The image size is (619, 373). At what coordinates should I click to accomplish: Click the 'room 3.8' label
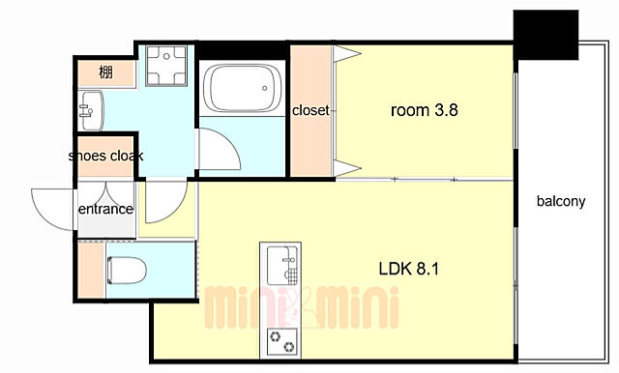click(x=424, y=110)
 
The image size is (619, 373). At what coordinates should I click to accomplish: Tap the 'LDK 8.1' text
click(x=408, y=269)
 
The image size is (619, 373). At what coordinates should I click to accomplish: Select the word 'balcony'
click(x=561, y=202)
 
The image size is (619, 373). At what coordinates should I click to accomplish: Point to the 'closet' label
click(x=310, y=110)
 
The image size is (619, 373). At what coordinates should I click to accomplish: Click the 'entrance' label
click(x=105, y=209)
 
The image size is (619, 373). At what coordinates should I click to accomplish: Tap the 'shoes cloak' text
click(x=105, y=156)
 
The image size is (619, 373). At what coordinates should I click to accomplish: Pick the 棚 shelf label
click(x=105, y=72)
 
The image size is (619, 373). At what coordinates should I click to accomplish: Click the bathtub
click(x=242, y=88)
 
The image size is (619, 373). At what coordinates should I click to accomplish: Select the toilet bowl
click(x=127, y=271)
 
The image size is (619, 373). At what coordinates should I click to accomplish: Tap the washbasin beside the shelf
click(x=92, y=110)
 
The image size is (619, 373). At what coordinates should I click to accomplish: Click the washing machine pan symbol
click(x=166, y=66)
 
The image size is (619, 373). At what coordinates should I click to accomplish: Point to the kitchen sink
click(x=281, y=265)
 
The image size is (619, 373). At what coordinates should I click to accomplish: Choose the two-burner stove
click(x=281, y=342)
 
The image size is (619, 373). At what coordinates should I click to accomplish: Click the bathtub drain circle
click(x=265, y=88)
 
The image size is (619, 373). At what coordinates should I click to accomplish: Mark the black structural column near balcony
click(x=545, y=35)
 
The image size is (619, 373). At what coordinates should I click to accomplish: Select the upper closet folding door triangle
click(x=346, y=53)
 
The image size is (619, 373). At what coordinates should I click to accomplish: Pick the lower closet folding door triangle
click(x=346, y=169)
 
